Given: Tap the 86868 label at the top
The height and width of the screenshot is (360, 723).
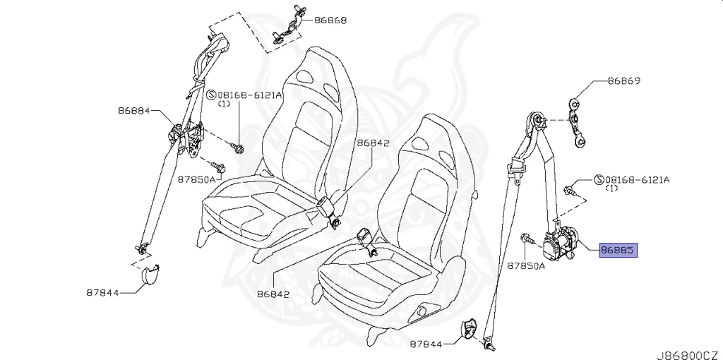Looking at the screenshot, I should click(x=330, y=20).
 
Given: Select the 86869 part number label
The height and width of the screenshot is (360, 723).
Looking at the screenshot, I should click(x=624, y=81).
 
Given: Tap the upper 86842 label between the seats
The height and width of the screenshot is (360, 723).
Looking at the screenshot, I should click(x=373, y=143).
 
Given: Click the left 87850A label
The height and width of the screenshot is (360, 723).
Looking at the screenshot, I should click(x=196, y=180).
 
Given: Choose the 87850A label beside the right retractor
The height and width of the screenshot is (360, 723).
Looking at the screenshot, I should click(x=526, y=266).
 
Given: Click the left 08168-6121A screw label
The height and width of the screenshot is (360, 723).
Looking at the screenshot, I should click(x=248, y=95).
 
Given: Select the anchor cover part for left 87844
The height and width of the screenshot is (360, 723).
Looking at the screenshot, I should click(x=148, y=275).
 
